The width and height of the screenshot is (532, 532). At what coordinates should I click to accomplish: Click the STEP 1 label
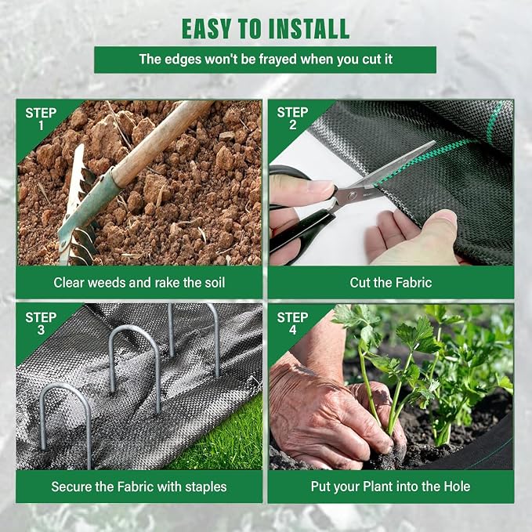[x=41, y=119]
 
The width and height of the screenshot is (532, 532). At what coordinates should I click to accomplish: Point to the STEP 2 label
[x=292, y=118]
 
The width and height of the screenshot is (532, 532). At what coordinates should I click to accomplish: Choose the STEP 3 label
[x=41, y=324]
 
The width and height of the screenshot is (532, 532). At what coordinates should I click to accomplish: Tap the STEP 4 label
[x=292, y=324]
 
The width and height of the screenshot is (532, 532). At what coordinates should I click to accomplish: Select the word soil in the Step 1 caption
[x=215, y=283]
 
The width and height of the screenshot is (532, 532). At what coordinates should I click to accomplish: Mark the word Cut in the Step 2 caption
[x=360, y=283]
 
